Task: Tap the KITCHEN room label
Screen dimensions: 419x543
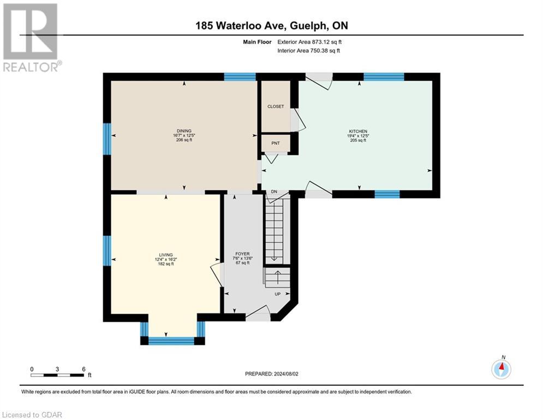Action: click(x=359, y=131)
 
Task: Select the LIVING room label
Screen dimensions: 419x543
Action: click(x=166, y=255)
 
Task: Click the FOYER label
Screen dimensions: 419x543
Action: click(x=242, y=254)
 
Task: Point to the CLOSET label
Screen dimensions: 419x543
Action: click(x=276, y=106)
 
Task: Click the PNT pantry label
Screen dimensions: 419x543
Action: click(x=276, y=143)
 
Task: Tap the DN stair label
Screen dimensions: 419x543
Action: click(x=275, y=191)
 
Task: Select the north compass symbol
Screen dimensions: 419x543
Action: click(x=501, y=369)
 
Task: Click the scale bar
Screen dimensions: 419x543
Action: click(x=57, y=375)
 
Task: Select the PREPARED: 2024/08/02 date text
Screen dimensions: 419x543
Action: click(x=272, y=374)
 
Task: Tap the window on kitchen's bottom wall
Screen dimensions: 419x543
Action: click(x=387, y=194)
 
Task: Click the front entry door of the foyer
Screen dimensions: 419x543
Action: click(x=258, y=315)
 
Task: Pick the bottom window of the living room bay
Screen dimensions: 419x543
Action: click(x=171, y=341)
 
